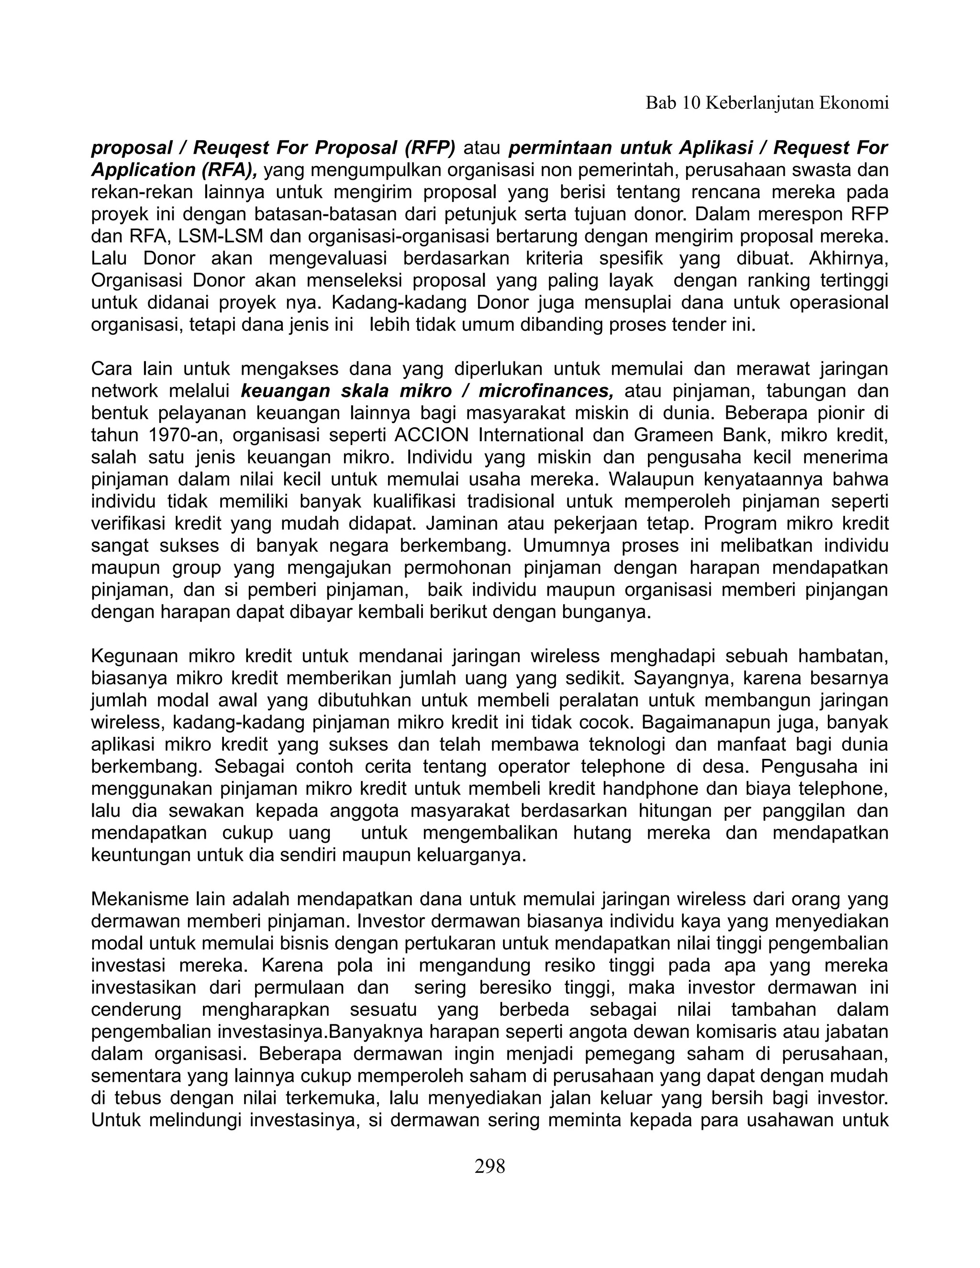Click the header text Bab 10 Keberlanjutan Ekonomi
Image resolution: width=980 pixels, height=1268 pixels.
[767, 103]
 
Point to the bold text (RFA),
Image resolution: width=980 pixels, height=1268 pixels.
[229, 170]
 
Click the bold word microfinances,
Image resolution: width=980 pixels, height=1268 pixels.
[546, 391]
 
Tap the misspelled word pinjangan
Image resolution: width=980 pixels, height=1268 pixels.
[850, 590]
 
